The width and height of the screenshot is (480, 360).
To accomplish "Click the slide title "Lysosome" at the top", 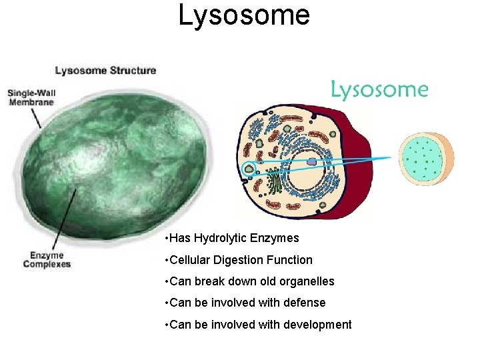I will click(244, 15).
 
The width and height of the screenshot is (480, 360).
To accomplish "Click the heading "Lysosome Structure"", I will click(105, 71).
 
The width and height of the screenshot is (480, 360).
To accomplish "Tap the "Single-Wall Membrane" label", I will click(31, 97).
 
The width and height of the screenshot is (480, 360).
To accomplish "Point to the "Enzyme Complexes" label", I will click(47, 259).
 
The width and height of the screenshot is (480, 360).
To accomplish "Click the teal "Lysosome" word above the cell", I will click(379, 90).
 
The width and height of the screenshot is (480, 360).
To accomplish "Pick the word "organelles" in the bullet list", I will click(306, 281).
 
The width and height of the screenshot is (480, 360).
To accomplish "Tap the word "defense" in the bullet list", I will click(303, 303).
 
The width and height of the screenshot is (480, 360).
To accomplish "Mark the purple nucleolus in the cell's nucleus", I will click(311, 162).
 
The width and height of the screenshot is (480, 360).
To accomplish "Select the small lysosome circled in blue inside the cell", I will click(249, 169).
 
